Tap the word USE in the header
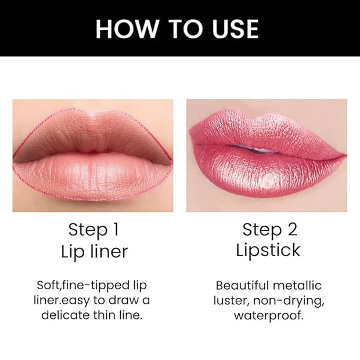(x=235, y=28)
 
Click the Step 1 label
(x=93, y=229)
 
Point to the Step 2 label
(x=270, y=229)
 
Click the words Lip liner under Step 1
(x=95, y=251)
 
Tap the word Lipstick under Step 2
(x=268, y=250)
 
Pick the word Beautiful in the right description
(x=242, y=286)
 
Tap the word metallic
(x=297, y=286)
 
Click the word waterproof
(x=269, y=316)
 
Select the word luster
(x=231, y=301)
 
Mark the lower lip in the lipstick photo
(x=269, y=175)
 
